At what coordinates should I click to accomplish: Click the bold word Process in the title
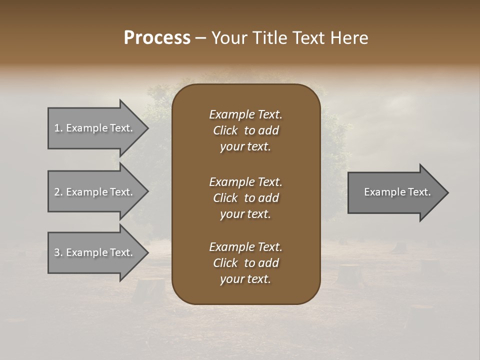click(x=157, y=38)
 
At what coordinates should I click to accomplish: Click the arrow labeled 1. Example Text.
click(x=95, y=128)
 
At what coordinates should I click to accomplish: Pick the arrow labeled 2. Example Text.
click(x=95, y=192)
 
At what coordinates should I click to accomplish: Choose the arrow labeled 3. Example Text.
click(x=95, y=252)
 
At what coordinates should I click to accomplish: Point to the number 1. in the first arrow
click(x=58, y=128)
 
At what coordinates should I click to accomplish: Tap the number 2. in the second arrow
click(x=58, y=192)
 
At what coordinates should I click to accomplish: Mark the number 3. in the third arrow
click(x=58, y=252)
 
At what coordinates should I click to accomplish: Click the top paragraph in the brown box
click(x=245, y=130)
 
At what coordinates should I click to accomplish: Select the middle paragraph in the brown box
click(x=245, y=198)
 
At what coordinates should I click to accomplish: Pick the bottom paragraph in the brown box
click(x=245, y=263)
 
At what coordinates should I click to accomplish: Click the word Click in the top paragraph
click(x=225, y=130)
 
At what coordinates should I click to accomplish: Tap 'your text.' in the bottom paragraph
click(x=245, y=279)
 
